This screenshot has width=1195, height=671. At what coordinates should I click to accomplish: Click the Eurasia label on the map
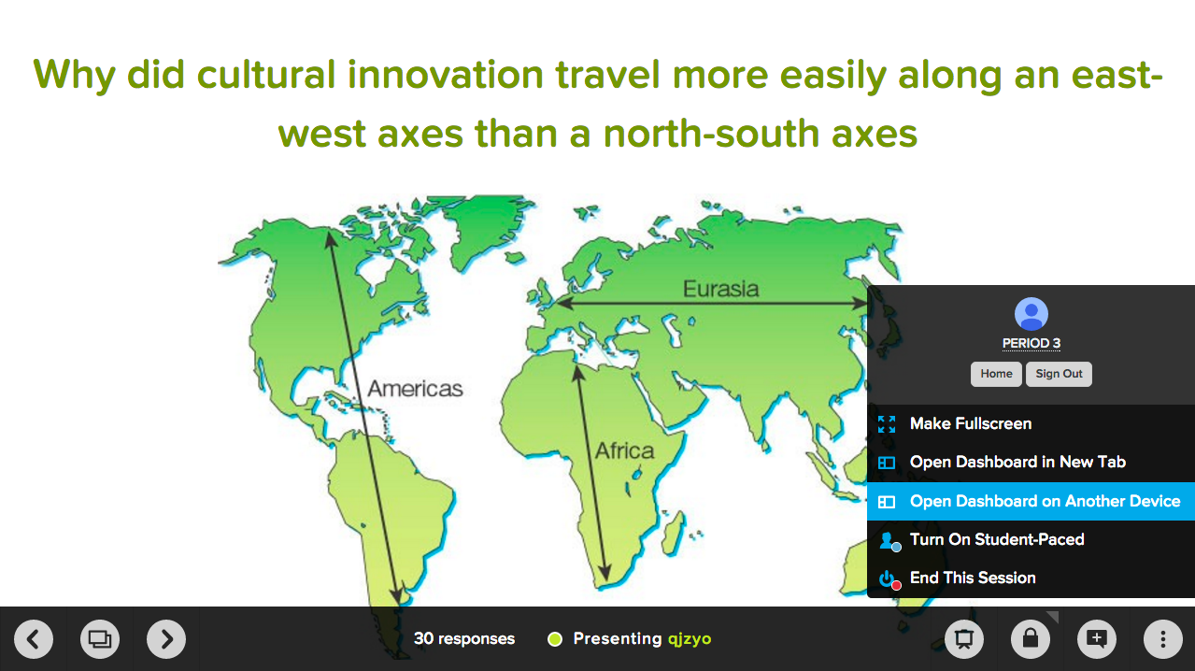click(720, 290)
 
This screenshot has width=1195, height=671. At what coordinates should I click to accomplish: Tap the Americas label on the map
click(415, 389)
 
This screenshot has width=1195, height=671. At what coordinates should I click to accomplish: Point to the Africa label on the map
click(624, 451)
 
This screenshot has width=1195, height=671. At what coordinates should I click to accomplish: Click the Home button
click(996, 374)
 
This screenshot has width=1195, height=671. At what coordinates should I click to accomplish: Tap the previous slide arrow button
click(34, 639)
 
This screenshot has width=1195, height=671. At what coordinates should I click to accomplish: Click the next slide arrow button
click(166, 639)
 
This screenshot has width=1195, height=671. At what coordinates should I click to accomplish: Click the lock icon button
click(1031, 639)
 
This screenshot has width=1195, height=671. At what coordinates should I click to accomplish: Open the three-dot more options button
click(1163, 639)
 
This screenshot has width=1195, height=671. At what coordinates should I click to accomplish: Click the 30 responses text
click(464, 639)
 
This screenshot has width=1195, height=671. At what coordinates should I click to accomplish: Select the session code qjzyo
click(690, 639)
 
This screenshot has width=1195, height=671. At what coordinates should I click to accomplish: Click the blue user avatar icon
click(1031, 314)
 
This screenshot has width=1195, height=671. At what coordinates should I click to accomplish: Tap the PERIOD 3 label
click(1031, 343)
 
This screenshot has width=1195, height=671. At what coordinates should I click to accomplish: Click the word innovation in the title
click(445, 75)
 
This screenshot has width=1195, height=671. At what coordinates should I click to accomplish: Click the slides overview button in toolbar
click(100, 639)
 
